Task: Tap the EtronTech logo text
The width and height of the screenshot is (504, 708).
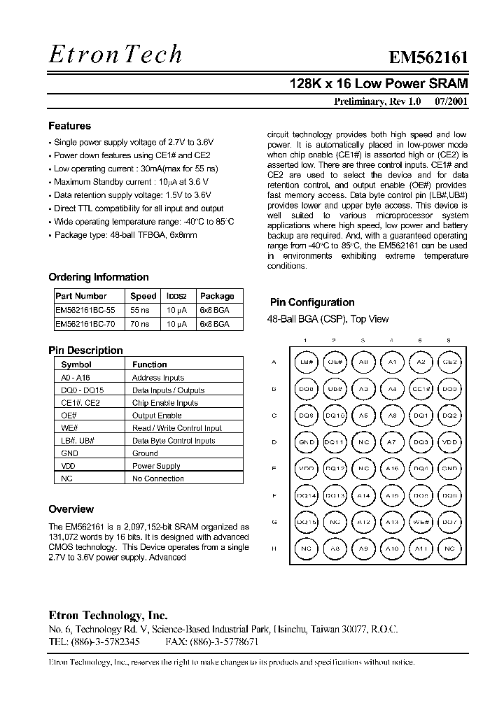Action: coord(115,54)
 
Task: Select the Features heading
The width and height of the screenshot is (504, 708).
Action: coord(69,126)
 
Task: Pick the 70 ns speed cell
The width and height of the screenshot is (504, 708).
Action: coord(140,324)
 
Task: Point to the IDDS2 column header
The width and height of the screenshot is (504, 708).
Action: coord(176,296)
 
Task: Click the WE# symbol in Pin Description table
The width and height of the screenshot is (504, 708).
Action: coord(69,428)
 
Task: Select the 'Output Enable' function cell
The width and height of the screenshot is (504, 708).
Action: coord(157,416)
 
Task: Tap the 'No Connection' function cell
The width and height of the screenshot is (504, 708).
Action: coord(158,479)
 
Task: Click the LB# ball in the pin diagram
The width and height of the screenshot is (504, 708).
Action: coord(306,362)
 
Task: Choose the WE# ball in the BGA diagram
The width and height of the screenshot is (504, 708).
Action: coord(421,522)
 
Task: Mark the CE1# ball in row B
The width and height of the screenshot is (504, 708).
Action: coord(421,388)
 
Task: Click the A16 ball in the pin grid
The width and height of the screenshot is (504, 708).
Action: coord(392,469)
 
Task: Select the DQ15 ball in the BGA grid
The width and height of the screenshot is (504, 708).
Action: coord(306,522)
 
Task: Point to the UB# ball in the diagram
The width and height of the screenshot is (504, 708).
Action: coord(335,388)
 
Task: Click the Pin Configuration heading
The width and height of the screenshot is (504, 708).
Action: coord(312,302)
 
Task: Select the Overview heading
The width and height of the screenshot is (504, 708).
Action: coord(71,509)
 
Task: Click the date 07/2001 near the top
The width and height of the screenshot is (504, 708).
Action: coord(451,101)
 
